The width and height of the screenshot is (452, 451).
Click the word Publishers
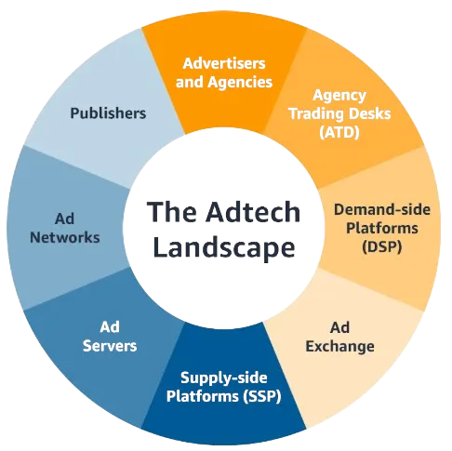coord(108,113)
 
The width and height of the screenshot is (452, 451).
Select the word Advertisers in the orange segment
coord(224,63)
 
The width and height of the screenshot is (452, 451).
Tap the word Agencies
coord(240,83)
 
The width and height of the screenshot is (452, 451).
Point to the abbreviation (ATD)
coord(339,133)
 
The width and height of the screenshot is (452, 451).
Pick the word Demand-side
coord(382,210)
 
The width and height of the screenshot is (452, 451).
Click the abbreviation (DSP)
coord(382,247)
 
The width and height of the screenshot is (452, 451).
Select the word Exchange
coord(339,347)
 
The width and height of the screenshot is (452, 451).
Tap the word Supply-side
coord(224,378)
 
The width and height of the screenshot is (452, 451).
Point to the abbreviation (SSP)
coord(262,396)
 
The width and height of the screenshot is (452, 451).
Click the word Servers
coord(110,346)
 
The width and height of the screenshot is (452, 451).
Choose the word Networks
coord(65,238)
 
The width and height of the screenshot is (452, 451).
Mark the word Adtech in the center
coord(253,212)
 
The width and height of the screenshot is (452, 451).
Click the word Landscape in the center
coord(224,247)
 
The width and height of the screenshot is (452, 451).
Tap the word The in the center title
coord(171,212)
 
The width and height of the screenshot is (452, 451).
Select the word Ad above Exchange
coord(339,327)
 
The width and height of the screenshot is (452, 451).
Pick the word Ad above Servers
coord(110,327)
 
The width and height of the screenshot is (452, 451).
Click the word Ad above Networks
coord(64,219)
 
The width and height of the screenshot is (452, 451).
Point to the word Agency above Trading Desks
coord(339,96)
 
